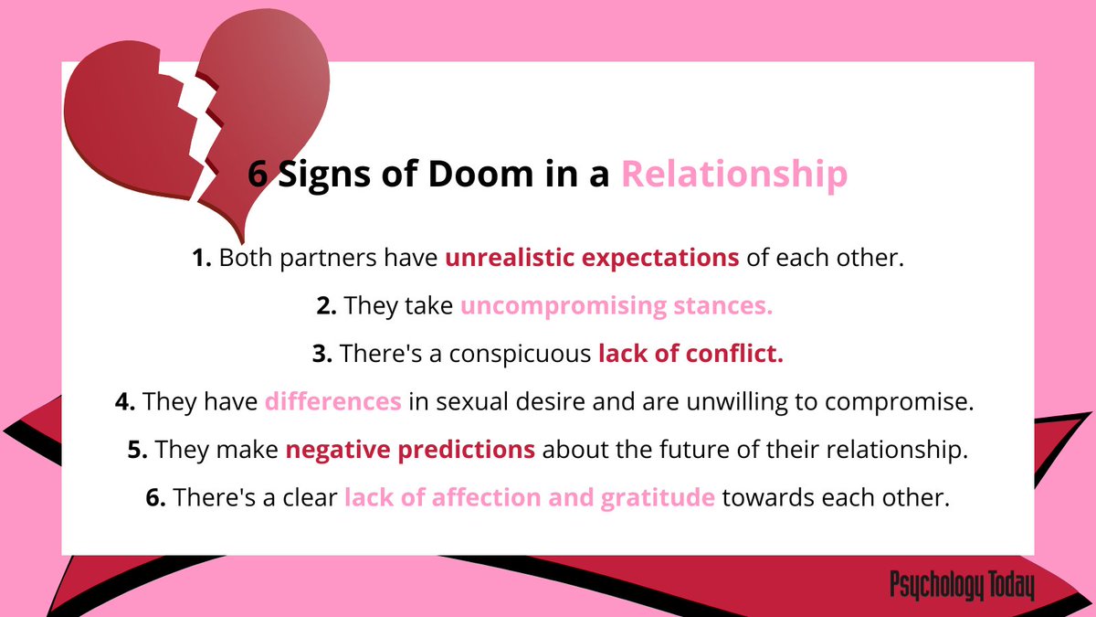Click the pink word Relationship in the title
click(x=734, y=175)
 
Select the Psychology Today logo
click(x=961, y=586)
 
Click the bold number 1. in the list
click(x=202, y=258)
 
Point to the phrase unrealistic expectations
click(x=592, y=258)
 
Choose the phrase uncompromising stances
click(x=616, y=306)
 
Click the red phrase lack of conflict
click(x=690, y=354)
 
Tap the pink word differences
click(x=332, y=401)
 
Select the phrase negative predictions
click(x=410, y=450)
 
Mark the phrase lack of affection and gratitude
click(x=529, y=498)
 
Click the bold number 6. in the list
click(x=155, y=498)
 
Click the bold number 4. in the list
click(x=125, y=401)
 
